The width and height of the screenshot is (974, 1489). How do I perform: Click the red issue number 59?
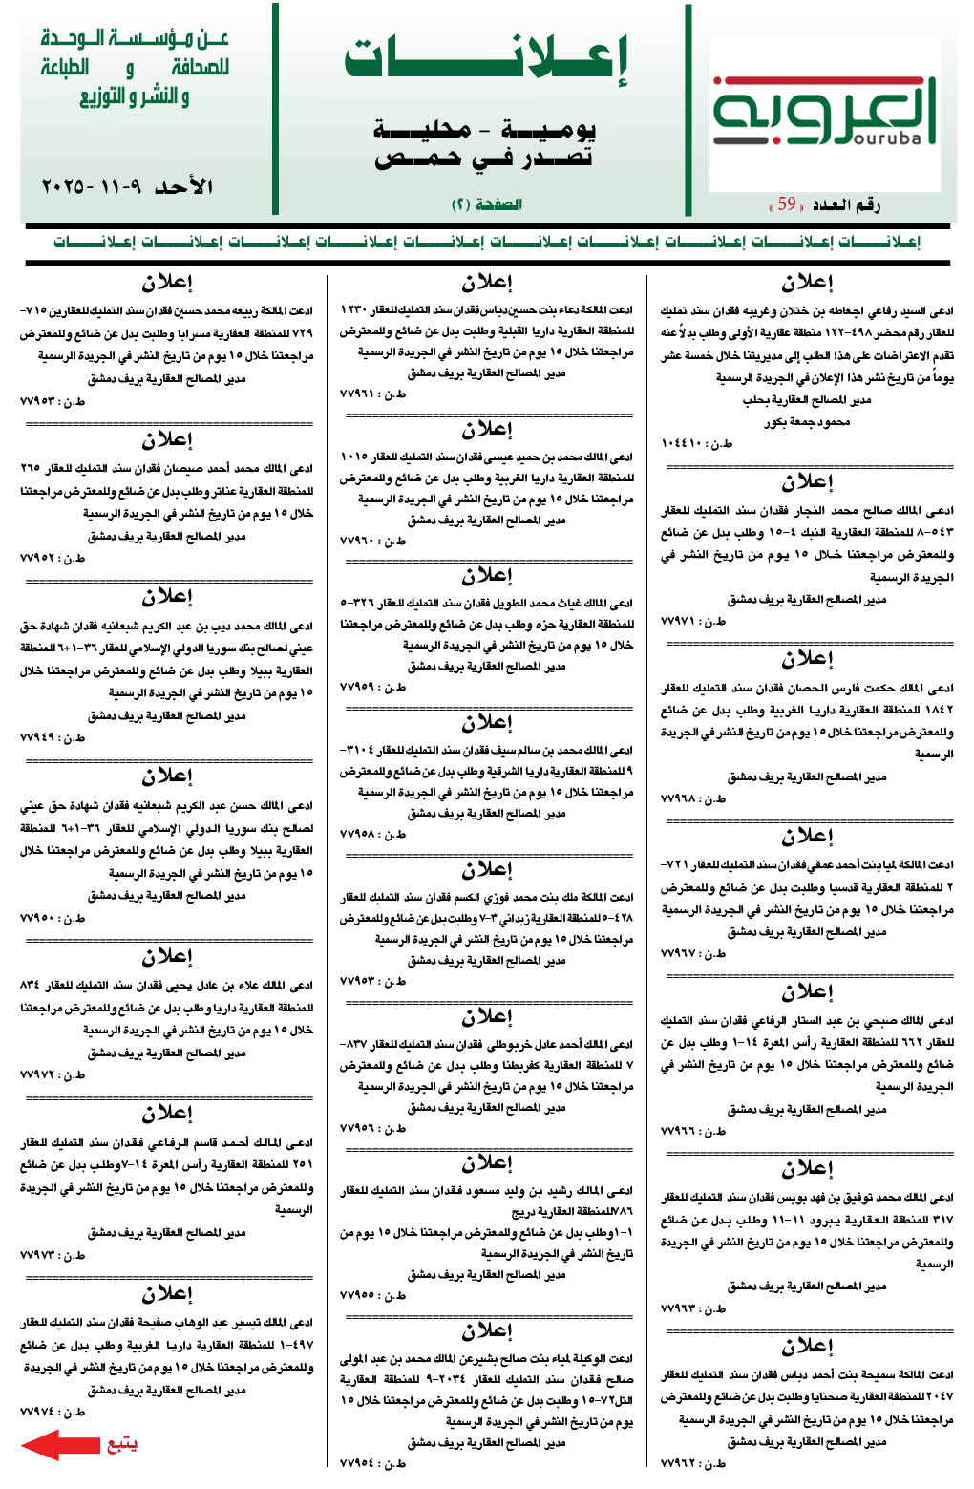pos(786,204)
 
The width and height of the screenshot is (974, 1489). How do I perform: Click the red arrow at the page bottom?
pos(60,1444)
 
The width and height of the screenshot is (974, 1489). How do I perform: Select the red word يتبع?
pos(121,1444)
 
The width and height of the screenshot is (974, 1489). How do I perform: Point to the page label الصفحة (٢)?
pos(486,204)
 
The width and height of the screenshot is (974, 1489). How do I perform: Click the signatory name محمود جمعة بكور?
pos(807,421)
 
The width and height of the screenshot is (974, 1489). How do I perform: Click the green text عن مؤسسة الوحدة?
pos(135,39)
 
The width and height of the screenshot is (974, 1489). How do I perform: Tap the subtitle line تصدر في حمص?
pos(484,158)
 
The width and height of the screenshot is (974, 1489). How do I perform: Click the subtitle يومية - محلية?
pos(484,129)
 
